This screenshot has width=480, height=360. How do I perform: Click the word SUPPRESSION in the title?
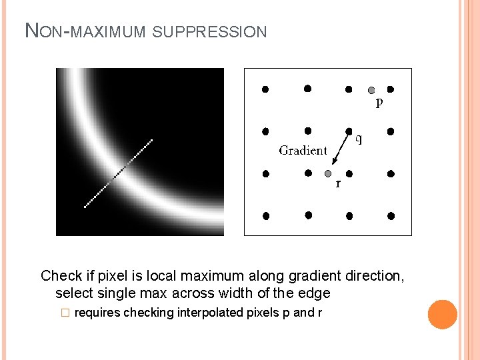[x=209, y=31]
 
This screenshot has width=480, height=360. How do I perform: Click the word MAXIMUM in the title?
[x=108, y=31]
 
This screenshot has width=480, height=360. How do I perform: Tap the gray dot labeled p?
[x=371, y=89]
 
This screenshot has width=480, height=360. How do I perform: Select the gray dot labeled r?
[x=327, y=173]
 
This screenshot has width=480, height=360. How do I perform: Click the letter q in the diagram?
[x=359, y=139]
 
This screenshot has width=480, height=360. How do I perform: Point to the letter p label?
[x=379, y=103]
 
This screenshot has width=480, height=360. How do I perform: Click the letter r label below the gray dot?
[x=338, y=183]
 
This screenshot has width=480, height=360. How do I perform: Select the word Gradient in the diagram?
[x=303, y=150]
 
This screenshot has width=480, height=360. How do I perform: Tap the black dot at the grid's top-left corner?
[x=265, y=89]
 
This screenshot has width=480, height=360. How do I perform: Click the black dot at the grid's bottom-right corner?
[x=391, y=216]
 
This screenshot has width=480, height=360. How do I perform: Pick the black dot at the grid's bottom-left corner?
[x=265, y=216]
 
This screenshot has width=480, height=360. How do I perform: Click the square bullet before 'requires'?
[x=65, y=313]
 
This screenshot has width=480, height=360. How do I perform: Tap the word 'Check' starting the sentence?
[x=61, y=275]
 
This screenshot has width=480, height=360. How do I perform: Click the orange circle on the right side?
[x=443, y=314]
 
